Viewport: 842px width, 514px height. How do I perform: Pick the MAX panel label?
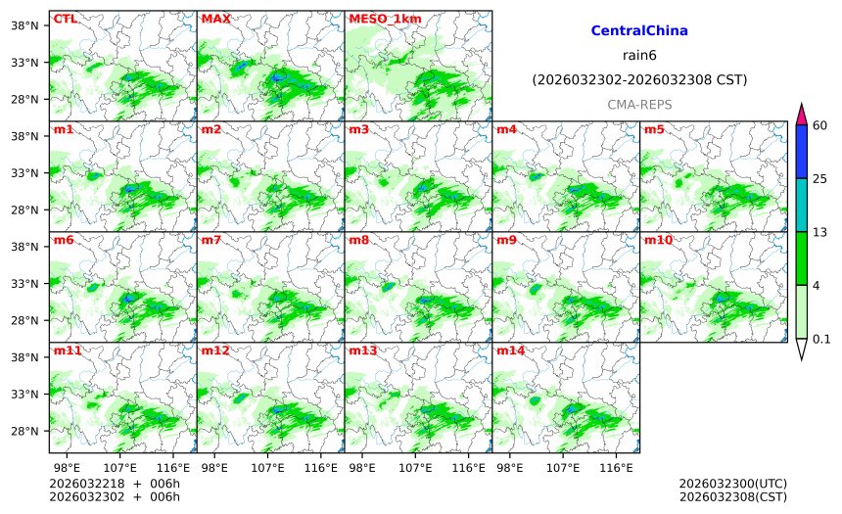[x=215, y=19]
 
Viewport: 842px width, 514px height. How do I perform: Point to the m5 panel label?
[x=654, y=129]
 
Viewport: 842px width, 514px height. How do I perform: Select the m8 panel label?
[x=358, y=240]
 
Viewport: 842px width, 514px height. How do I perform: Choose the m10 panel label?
[x=658, y=240]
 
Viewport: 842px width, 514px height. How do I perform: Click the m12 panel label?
[x=214, y=350]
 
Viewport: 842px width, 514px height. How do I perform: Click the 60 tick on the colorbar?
[x=820, y=124]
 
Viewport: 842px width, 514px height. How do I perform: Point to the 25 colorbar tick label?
[x=820, y=178]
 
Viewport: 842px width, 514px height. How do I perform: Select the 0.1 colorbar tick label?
[x=821, y=340]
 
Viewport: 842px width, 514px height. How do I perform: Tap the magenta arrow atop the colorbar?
[x=801, y=114]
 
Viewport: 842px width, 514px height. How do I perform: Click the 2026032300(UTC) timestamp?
[x=732, y=484]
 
